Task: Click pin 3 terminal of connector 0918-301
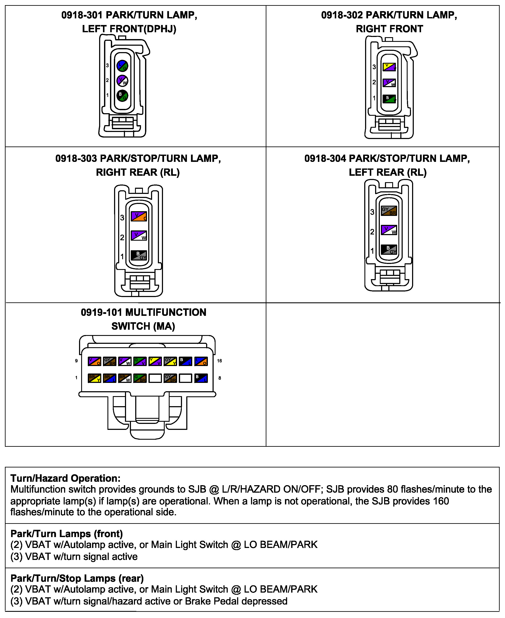click(122, 66)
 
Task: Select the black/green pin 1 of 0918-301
click(122, 95)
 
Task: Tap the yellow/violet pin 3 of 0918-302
click(389, 67)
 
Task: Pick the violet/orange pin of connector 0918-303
click(139, 216)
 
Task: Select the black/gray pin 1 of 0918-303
click(139, 255)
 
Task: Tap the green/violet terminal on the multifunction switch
click(140, 361)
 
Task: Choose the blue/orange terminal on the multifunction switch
click(201, 361)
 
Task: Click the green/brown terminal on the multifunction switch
click(140, 378)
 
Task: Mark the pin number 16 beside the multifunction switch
click(219, 361)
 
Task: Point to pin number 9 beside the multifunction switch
click(76, 361)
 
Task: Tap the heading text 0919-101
click(101, 312)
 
